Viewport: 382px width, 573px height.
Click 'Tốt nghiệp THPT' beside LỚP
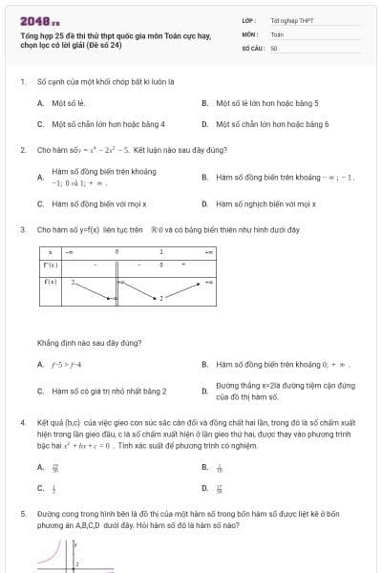point(291,20)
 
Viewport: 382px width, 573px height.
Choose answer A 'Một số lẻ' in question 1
point(68,102)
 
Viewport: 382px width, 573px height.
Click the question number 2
point(22,150)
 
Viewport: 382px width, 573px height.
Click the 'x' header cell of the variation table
point(50,251)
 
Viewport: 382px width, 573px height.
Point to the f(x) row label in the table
point(51,282)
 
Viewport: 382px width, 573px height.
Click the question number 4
point(22,421)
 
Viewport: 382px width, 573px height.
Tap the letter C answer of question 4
point(41,489)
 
